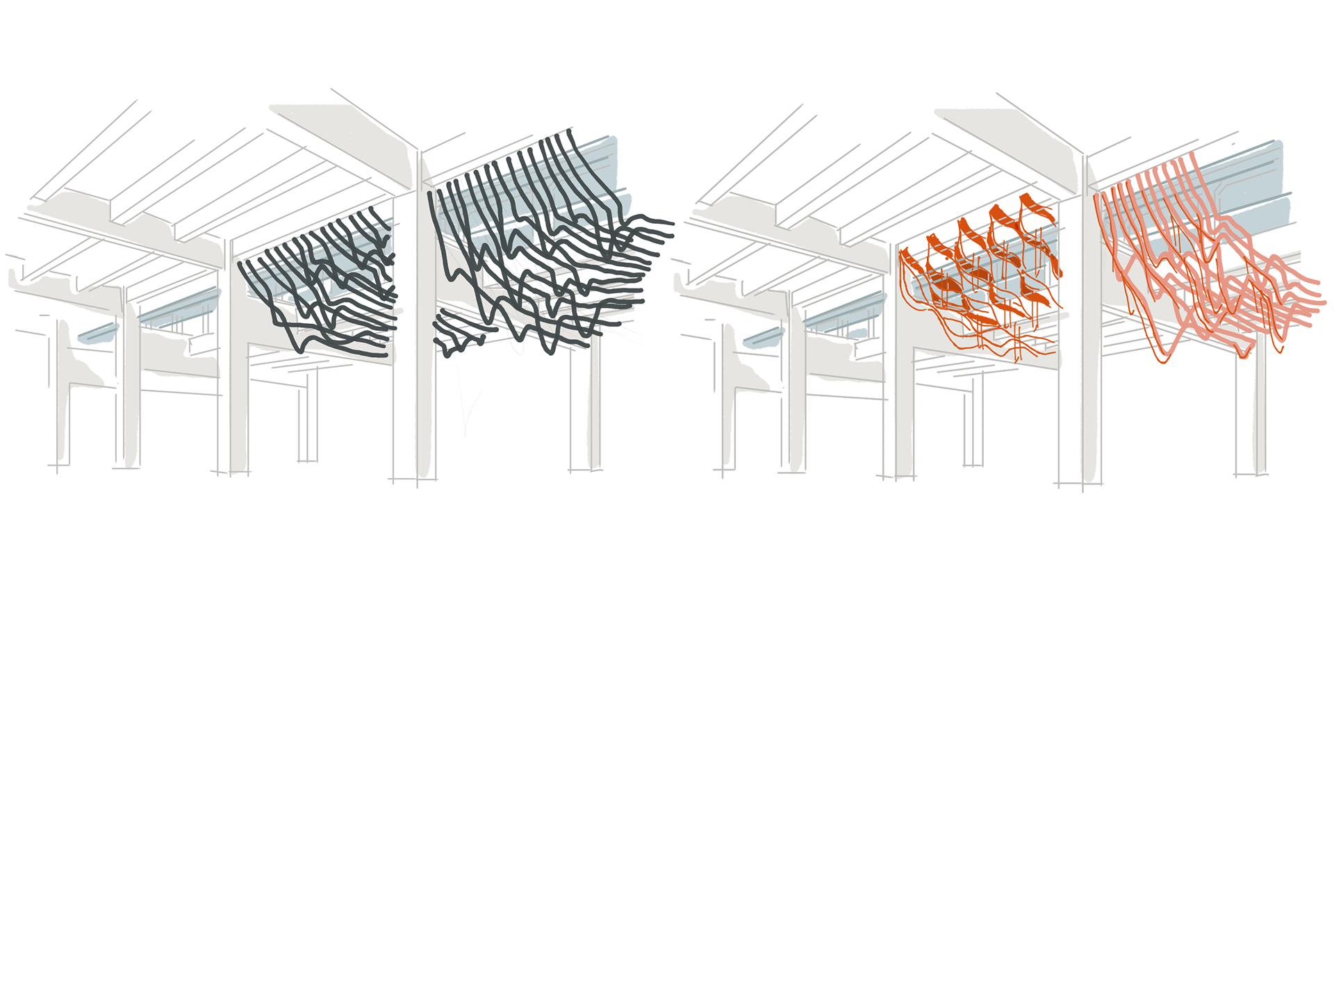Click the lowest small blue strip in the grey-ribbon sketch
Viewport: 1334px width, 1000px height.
(97, 334)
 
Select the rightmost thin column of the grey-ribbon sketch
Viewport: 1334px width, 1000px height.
(594, 410)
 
